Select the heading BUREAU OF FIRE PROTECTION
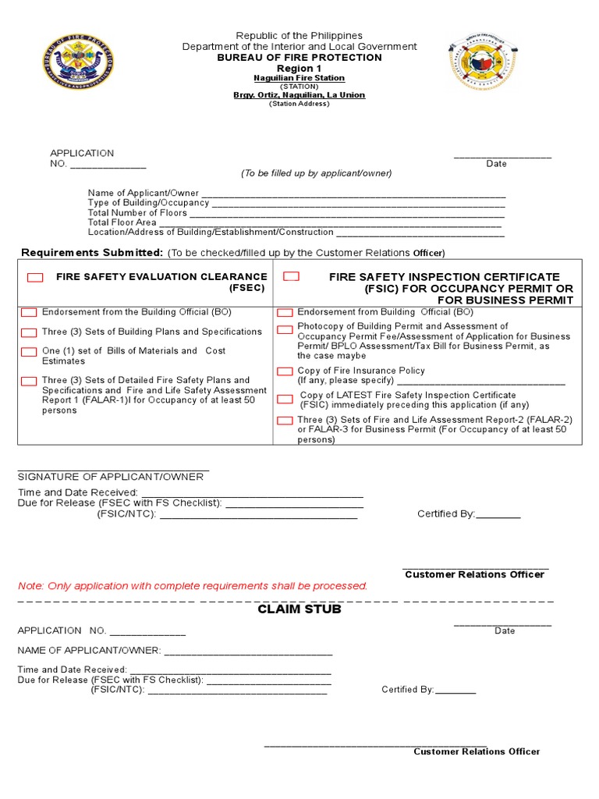tap(299, 58)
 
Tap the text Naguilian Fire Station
tap(299, 79)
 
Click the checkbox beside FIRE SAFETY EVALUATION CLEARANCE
tap(35, 278)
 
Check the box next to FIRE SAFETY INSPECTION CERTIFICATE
tap(291, 277)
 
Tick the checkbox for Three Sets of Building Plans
tap(29, 332)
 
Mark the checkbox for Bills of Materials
tap(29, 352)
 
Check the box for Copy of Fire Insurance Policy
tap(285, 371)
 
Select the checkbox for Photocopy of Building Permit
tap(285, 330)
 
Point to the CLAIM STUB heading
tap(299, 609)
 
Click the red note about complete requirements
tap(193, 586)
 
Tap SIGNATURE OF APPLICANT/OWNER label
tap(111, 477)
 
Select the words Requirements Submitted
tap(92, 252)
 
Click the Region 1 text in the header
tap(299, 69)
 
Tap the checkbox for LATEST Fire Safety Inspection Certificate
tap(285, 399)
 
